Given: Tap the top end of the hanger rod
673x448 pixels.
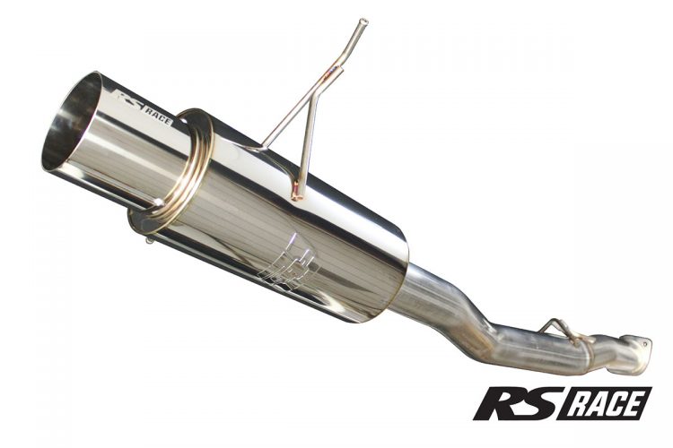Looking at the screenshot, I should pos(362,22).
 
